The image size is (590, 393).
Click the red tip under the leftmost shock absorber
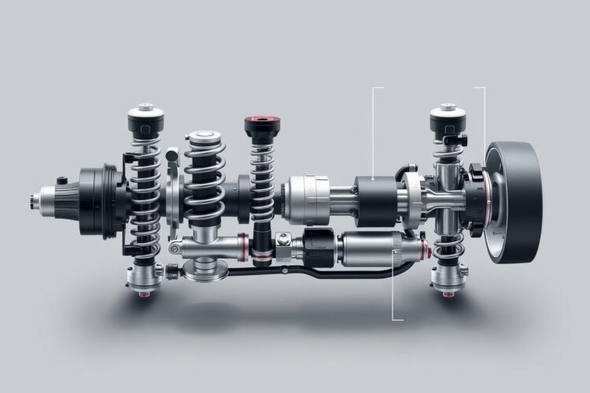click(144, 294)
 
